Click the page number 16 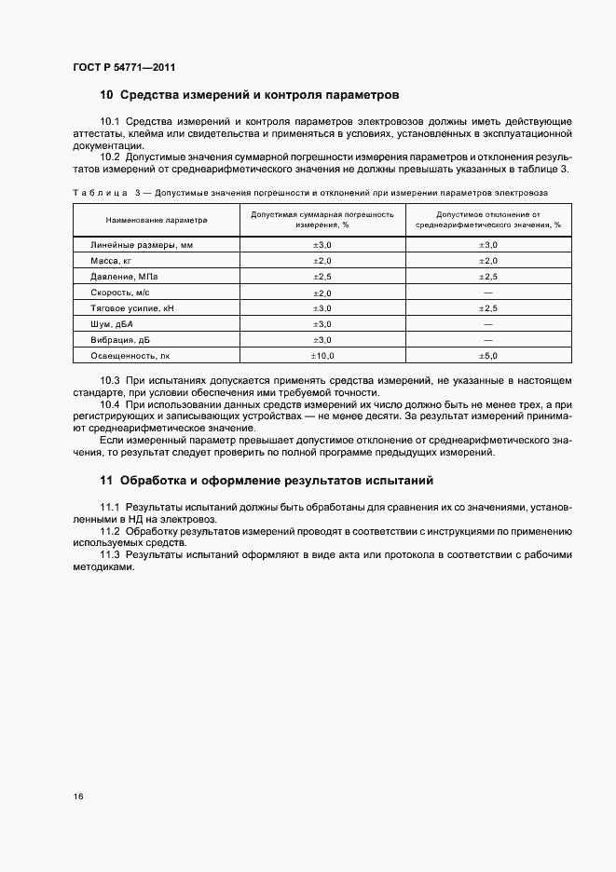[78, 797]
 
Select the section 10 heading [249, 95]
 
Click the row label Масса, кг [111, 260]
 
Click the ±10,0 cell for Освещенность [322, 355]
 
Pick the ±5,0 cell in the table [488, 355]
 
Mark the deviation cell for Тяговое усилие [488, 307]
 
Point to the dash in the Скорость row [488, 293]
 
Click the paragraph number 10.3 [111, 380]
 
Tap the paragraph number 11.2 [111, 530]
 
